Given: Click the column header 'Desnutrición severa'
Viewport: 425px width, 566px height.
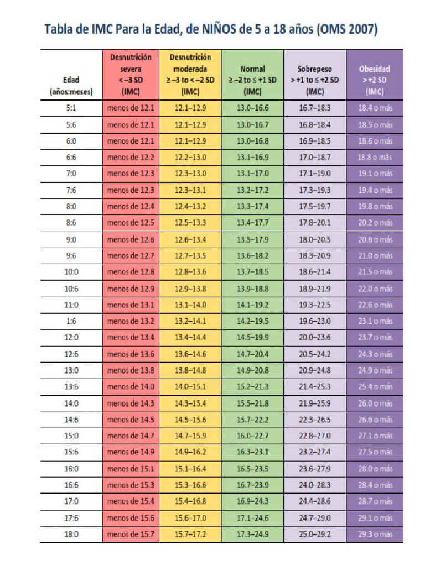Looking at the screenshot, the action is click(131, 74).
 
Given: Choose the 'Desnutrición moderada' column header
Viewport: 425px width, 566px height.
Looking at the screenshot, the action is click(190, 74).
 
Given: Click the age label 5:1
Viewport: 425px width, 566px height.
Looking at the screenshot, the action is click(71, 108).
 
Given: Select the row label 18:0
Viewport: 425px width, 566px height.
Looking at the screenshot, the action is click(71, 534).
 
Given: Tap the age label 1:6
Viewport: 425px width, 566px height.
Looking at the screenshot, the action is click(71, 321).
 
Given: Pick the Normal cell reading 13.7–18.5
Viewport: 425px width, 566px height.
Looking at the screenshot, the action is click(253, 272).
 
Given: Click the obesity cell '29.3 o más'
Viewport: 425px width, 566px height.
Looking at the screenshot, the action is click(375, 534).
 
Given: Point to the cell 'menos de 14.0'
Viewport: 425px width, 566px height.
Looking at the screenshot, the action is click(131, 386).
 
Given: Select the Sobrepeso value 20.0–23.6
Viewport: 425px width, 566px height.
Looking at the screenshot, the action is click(315, 337).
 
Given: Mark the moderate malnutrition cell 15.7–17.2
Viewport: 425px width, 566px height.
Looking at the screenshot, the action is click(190, 534).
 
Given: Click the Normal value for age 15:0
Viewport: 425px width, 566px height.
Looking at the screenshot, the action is click(253, 436).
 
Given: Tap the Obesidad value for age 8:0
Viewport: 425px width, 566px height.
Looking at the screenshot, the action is click(375, 207).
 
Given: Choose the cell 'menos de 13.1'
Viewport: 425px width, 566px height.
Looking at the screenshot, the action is click(131, 305).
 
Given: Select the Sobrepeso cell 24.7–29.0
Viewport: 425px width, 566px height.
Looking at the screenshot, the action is click(315, 518).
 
